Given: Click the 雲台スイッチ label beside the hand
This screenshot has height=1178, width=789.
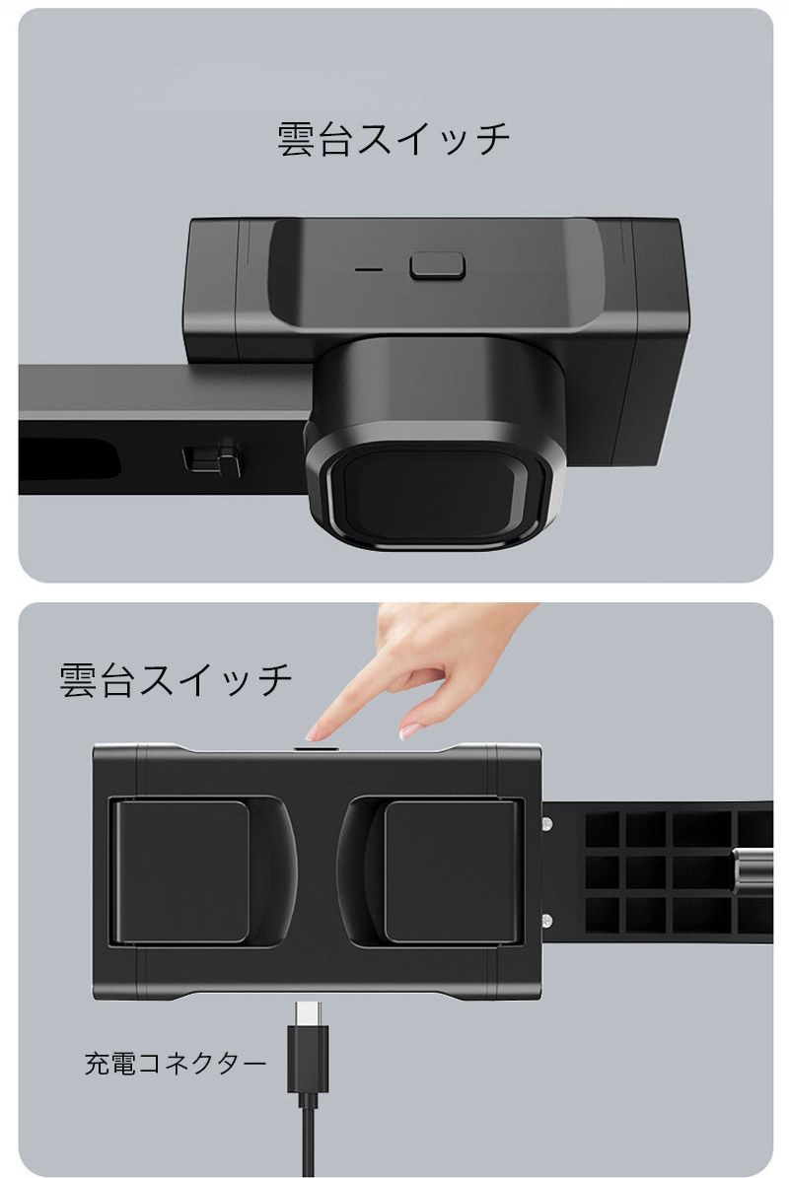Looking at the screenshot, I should (x=177, y=680).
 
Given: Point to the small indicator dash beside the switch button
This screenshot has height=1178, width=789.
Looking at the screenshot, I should (x=369, y=267).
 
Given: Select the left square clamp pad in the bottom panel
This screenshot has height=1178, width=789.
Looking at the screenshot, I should (x=181, y=871).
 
